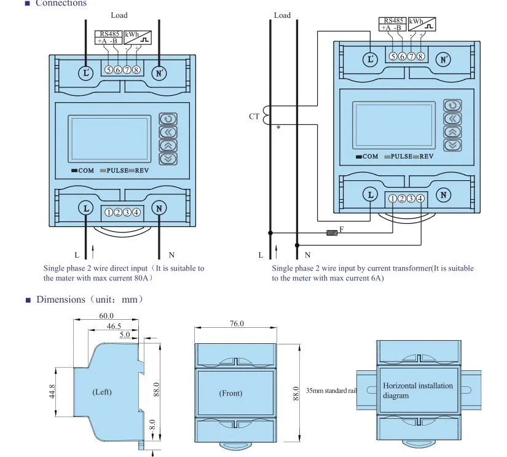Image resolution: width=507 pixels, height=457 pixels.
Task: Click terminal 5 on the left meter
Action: click(109, 70)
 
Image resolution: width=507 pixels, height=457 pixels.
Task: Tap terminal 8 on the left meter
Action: click(136, 70)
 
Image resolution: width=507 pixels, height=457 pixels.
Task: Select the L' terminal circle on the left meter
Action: click(86, 73)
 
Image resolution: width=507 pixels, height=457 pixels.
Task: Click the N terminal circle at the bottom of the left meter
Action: click(159, 208)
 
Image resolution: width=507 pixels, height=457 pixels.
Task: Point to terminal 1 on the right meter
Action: click(393, 199)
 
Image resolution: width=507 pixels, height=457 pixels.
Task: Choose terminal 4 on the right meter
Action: click(420, 199)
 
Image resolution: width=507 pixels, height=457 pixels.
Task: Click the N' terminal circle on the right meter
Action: click(443, 60)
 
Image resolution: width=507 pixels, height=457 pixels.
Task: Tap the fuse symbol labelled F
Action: click(332, 232)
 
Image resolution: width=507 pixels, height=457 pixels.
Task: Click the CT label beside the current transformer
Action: click(254, 116)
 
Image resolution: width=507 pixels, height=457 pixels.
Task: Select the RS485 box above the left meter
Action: click(109, 38)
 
